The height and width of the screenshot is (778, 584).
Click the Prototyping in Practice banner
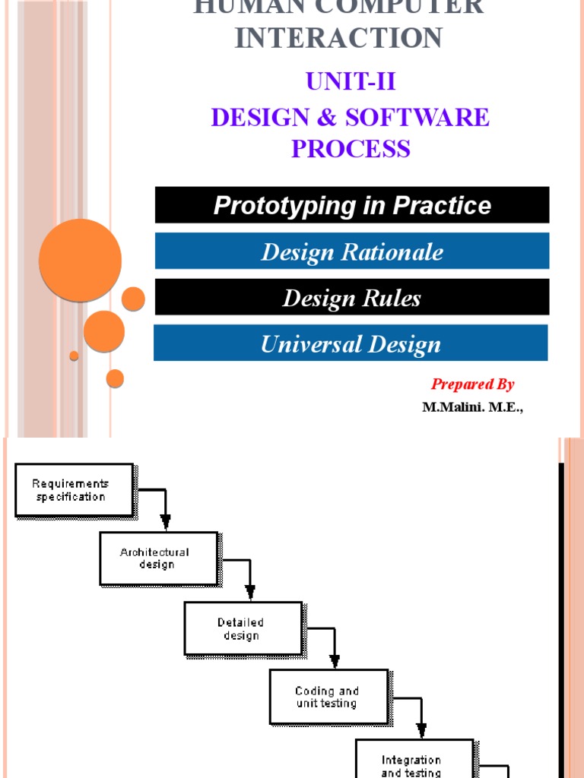(352, 205)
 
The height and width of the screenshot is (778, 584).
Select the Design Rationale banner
(352, 251)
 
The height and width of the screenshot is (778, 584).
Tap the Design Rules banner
(352, 297)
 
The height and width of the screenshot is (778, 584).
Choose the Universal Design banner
(351, 343)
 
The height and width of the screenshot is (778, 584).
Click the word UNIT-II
(351, 82)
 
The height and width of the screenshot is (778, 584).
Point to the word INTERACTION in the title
(339, 38)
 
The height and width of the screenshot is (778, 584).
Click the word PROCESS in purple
(351, 148)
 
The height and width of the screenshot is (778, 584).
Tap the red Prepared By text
(473, 384)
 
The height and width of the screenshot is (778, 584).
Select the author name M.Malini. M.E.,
(473, 406)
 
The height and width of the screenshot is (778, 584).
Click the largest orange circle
(80, 261)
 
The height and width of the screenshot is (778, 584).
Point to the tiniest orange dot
(74, 356)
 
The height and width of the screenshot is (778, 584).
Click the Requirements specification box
(74, 490)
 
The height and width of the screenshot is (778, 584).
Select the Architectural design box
(158, 558)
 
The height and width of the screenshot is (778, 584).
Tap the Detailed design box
(243, 628)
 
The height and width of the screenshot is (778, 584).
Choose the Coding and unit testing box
(328, 697)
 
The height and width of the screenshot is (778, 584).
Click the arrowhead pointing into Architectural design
(166, 522)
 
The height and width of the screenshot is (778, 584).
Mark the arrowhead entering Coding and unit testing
(335, 660)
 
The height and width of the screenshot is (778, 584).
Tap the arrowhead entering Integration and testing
(420, 729)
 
